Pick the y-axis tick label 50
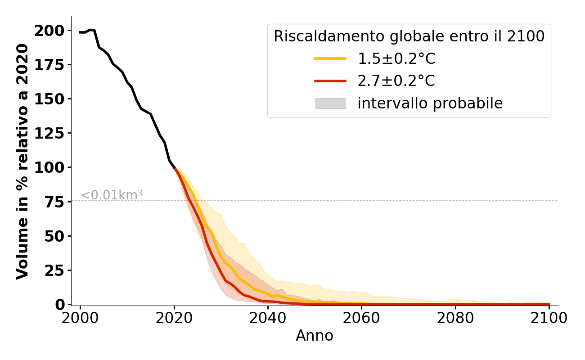55,236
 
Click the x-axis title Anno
315,336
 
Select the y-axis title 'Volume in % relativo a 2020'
22,161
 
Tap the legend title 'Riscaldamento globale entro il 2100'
409,36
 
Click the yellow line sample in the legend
330,58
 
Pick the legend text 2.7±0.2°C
396,81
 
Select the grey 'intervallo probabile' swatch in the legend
330,103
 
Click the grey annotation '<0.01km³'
112,195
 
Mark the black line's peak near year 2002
90,30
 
